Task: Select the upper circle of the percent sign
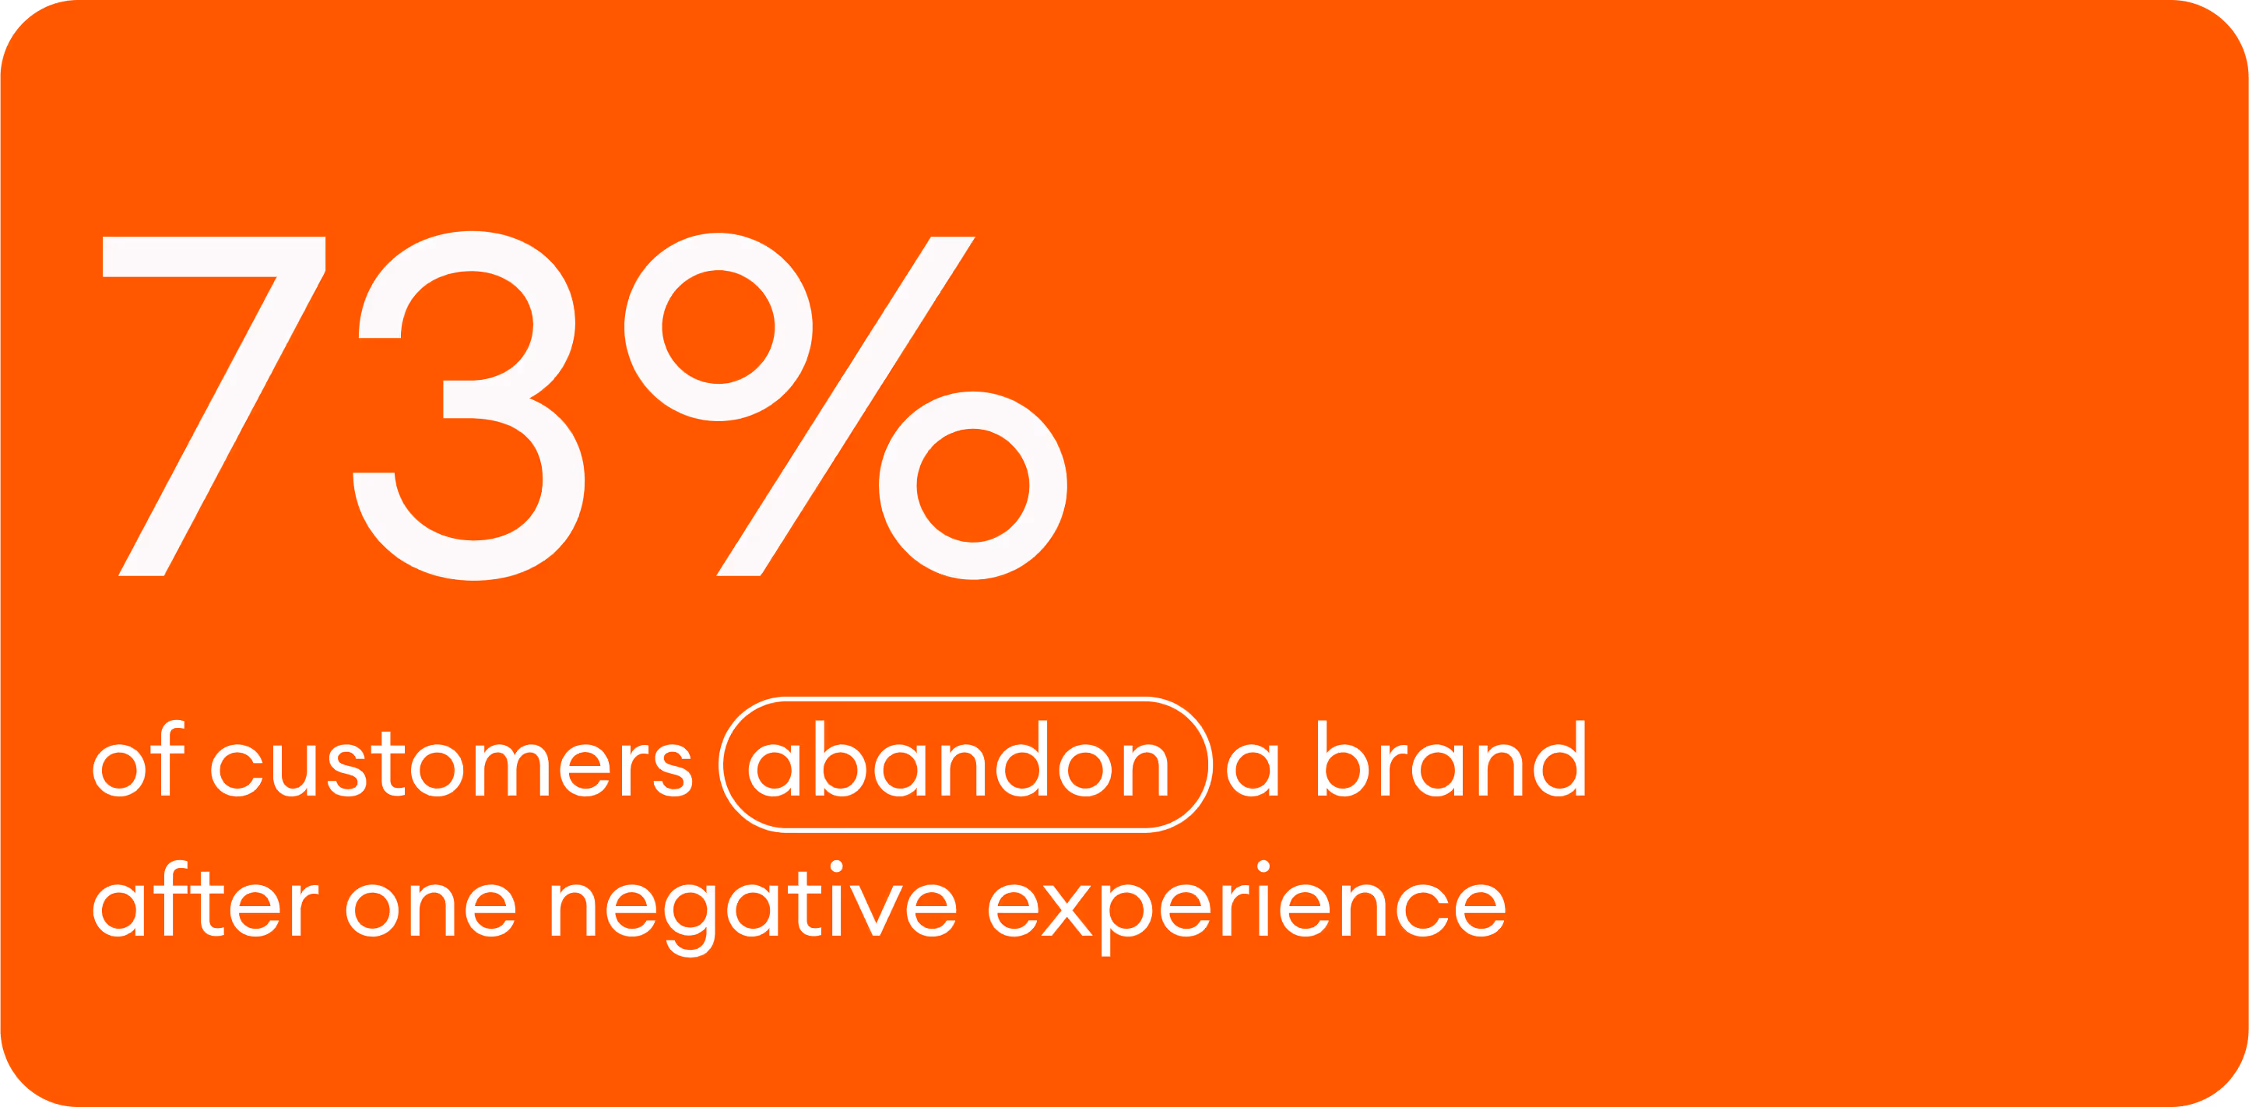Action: coord(718,328)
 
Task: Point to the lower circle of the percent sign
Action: coord(972,486)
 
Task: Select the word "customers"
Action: coord(452,767)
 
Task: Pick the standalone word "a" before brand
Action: coord(1252,768)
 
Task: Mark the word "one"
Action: coord(431,908)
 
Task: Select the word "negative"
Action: coord(753,908)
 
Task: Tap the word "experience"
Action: coord(1247,908)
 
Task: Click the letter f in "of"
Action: coord(171,757)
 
